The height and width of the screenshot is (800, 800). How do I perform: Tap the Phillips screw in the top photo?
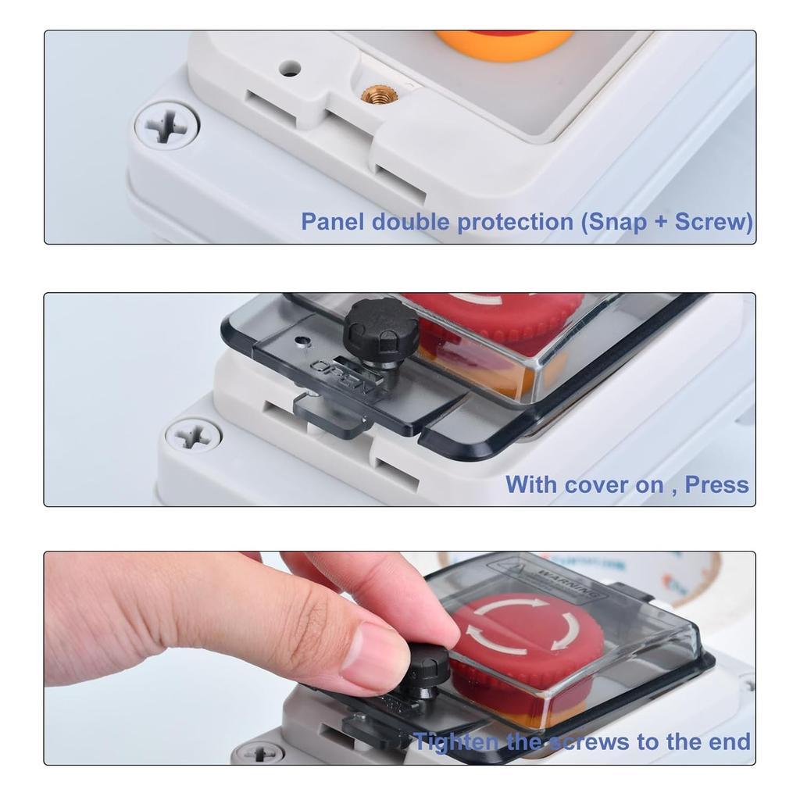166,126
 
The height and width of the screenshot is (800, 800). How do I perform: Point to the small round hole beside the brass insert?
291,69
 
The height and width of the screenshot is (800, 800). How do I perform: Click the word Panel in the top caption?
333,222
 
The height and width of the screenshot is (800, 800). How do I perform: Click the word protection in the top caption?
515,223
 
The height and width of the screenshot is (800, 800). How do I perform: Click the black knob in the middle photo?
380,325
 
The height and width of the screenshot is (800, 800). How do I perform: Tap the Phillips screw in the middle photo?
192,434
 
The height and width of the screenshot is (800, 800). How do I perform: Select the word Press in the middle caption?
716,484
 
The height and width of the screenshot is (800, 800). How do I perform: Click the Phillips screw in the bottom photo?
259,754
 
